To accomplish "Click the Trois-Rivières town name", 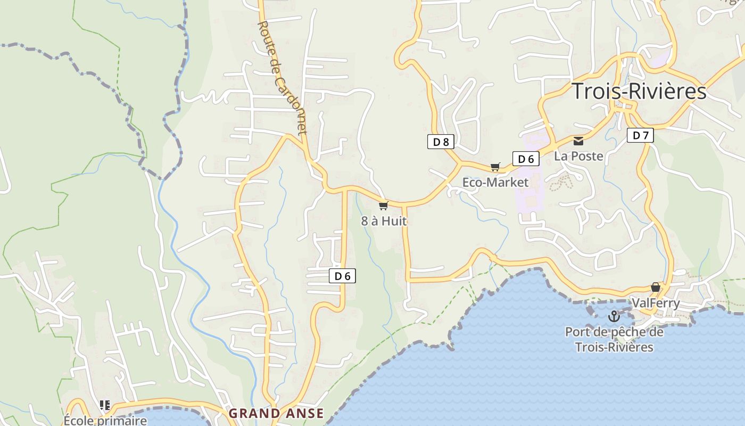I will [639, 92].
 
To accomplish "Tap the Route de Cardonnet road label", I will [282, 77].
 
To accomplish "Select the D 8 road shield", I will [441, 142].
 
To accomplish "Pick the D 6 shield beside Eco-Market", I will [526, 159].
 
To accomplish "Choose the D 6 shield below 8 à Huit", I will [342, 276].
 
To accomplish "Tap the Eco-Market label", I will [495, 183].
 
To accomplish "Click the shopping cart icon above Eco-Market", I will [495, 167].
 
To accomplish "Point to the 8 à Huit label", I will [384, 221].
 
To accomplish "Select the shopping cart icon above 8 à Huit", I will [383, 206].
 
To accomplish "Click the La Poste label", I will [578, 156].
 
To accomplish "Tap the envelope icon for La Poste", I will [578, 141].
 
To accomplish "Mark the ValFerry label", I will [656, 303].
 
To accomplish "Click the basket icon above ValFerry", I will [656, 288].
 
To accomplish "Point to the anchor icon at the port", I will [614, 316].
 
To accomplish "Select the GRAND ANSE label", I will [276, 413].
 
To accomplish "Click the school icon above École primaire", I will [105, 405].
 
